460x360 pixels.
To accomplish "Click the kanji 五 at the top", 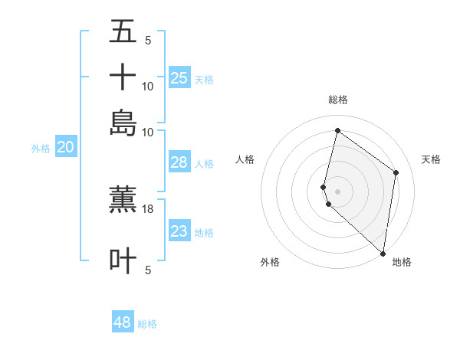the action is pos(123,32).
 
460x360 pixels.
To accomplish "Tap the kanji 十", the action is pos(123,77).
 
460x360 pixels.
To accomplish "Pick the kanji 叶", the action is pos(123,260).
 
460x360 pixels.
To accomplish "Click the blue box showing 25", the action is pos(179,77).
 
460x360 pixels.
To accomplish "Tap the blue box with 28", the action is pos(179,162).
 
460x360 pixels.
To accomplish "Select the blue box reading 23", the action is pos(179,231).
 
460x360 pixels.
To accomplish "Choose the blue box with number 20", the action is pos(65,148).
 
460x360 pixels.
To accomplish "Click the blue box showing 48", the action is pos(123,322).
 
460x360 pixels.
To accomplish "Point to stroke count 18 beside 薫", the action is pos(148,208).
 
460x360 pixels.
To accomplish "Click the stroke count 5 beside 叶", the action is pos(148,270).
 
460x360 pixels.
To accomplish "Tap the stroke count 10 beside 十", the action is pos(148,87).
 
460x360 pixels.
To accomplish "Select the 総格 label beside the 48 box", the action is pos(147,324).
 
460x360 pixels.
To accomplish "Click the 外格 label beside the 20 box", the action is pos(41,149).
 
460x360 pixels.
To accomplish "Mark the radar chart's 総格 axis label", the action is pos(337,100).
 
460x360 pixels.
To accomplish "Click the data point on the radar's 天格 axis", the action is pos(396,172).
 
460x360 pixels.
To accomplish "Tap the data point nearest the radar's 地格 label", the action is pos(383,254).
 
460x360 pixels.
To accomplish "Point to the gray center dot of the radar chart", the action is pos(337,191).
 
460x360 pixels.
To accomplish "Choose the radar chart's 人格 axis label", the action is pos(245,159).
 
